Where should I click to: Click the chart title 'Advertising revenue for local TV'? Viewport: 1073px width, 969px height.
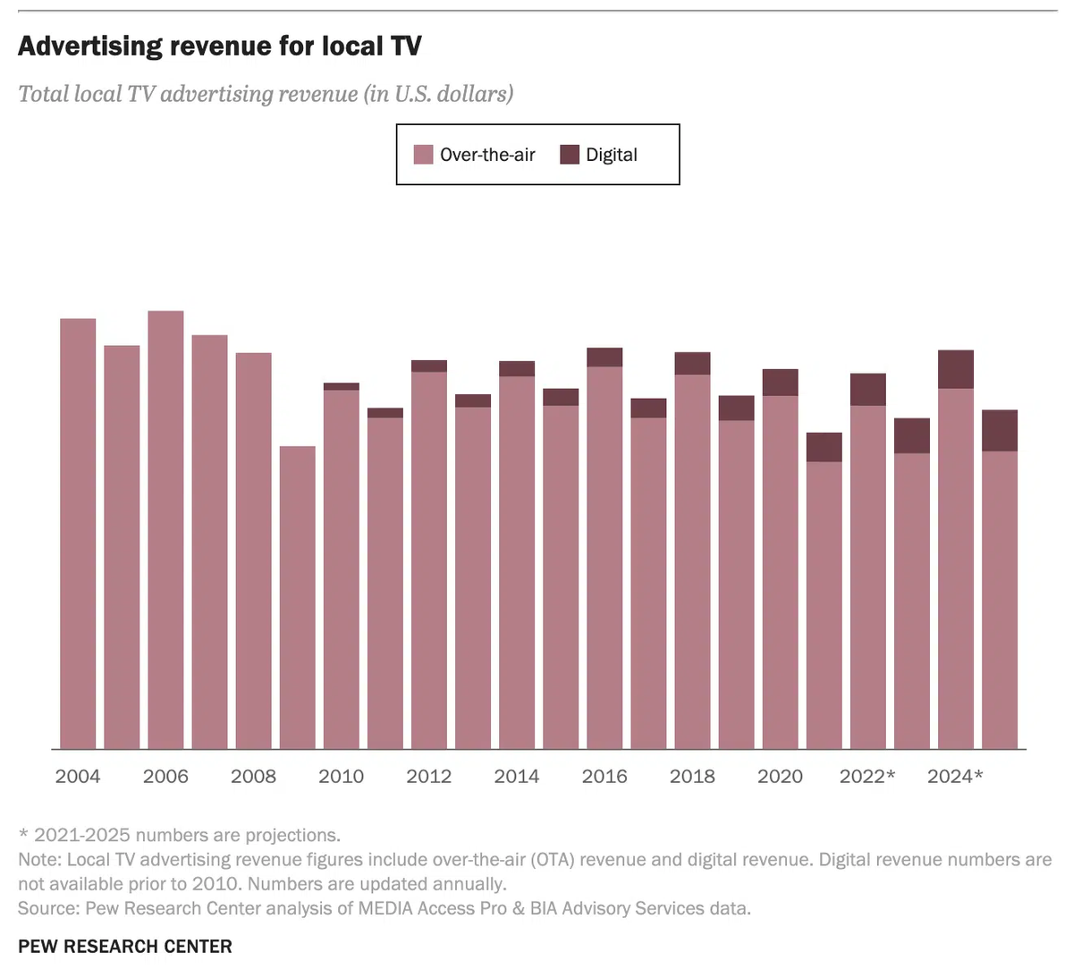219,46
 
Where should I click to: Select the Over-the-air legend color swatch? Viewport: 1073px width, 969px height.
423,155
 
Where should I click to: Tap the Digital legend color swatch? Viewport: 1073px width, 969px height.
570,155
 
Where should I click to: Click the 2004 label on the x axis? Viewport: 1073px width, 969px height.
78,776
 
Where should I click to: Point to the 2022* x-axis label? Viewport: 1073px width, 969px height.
866,776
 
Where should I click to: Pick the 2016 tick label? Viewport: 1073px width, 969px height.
604,776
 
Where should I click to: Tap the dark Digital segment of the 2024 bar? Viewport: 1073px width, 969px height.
956,369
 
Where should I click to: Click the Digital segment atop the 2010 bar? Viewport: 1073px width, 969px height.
342,386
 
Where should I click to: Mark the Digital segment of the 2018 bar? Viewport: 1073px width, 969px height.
692,363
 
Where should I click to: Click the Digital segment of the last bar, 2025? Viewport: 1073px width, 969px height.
1000,430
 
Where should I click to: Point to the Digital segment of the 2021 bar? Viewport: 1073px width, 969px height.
824,447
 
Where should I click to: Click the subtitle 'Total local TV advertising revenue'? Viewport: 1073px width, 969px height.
266,94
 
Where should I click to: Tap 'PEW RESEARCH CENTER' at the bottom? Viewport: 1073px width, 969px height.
125,946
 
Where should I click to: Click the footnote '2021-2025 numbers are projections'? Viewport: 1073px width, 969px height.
187,835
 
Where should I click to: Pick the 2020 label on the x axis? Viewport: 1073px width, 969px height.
780,776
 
